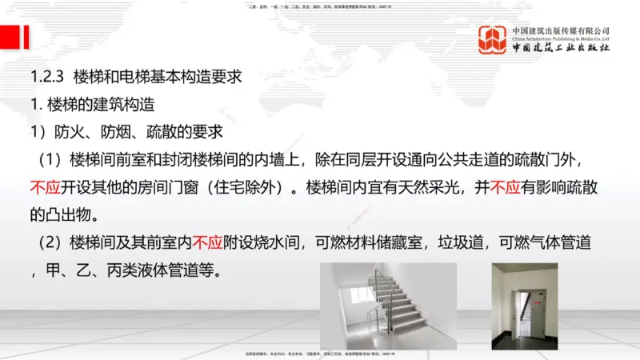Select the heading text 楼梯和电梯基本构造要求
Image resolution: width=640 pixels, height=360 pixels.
157,78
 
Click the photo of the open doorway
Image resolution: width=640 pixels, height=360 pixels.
525,306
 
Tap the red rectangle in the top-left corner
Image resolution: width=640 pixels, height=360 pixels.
11,36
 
